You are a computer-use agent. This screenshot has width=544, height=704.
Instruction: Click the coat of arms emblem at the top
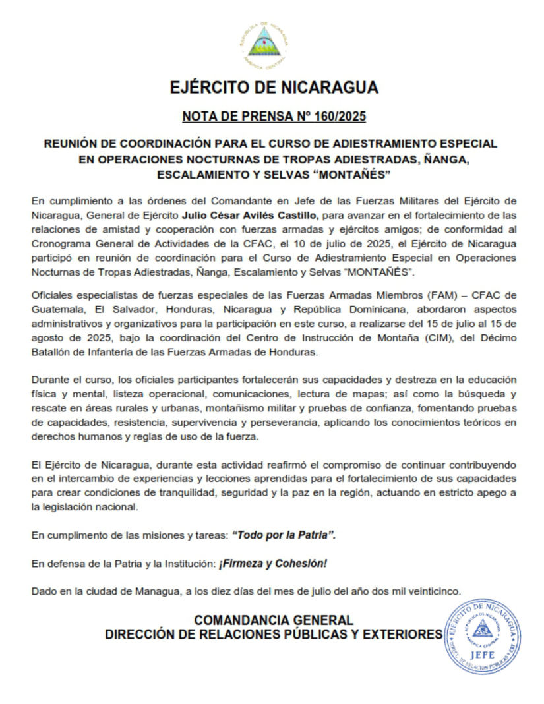tap(263, 44)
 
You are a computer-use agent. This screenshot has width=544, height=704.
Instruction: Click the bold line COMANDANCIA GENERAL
tap(273, 620)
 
